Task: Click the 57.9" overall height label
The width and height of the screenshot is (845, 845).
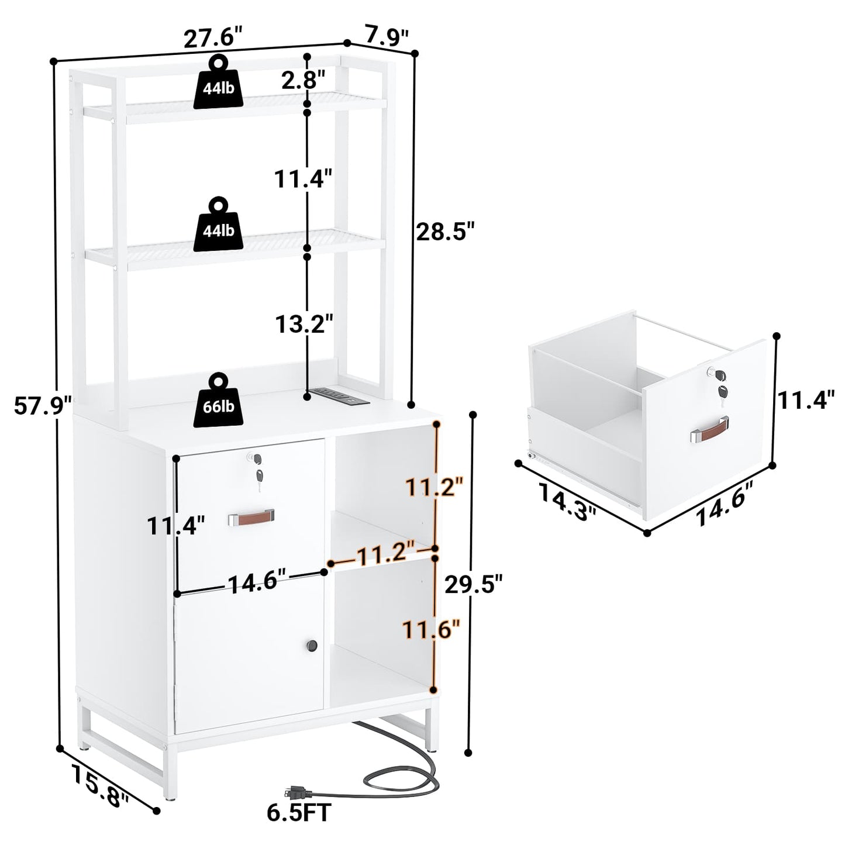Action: [43, 405]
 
